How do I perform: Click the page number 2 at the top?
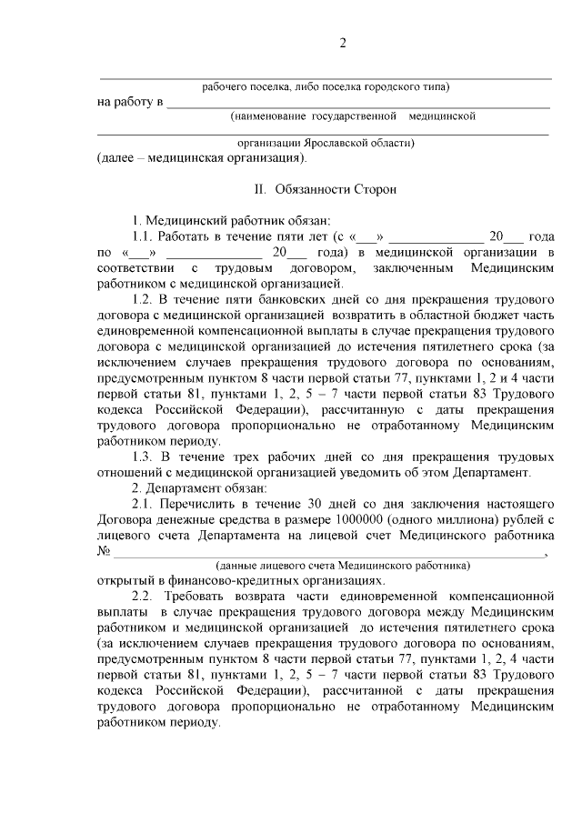(343, 44)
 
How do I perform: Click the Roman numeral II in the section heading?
(259, 189)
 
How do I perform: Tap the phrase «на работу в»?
(129, 101)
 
